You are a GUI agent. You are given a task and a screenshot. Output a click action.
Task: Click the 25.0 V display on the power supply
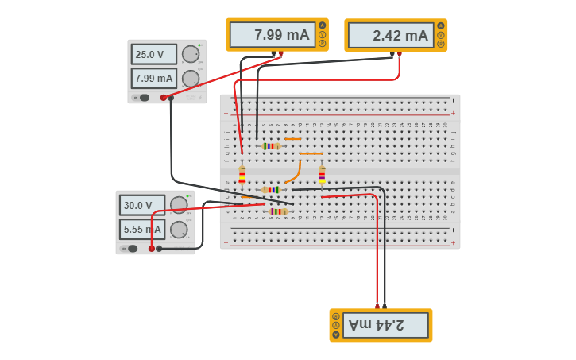(153, 55)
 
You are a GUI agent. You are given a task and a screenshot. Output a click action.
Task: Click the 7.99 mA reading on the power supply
(153, 79)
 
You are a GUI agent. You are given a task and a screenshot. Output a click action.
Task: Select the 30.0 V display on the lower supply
(141, 205)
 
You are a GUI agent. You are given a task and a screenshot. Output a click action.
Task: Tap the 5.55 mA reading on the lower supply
(141, 230)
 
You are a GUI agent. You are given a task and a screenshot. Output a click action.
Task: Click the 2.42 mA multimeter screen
(390, 36)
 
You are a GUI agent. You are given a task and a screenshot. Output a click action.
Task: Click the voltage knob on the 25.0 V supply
(190, 54)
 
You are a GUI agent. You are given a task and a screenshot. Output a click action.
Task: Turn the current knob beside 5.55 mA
(179, 230)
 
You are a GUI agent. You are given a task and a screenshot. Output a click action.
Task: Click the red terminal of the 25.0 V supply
(164, 98)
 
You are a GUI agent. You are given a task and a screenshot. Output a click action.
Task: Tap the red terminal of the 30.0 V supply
(152, 249)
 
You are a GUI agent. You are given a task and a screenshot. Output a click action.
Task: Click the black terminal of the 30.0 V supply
(159, 249)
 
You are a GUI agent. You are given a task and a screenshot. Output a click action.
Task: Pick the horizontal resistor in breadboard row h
(271, 146)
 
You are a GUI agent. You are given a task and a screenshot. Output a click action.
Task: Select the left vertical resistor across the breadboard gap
(242, 176)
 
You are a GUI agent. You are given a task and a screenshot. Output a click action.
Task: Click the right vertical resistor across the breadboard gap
(322, 176)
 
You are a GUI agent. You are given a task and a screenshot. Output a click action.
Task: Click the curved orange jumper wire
(296, 172)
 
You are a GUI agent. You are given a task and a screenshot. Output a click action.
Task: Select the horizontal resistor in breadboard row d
(271, 190)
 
